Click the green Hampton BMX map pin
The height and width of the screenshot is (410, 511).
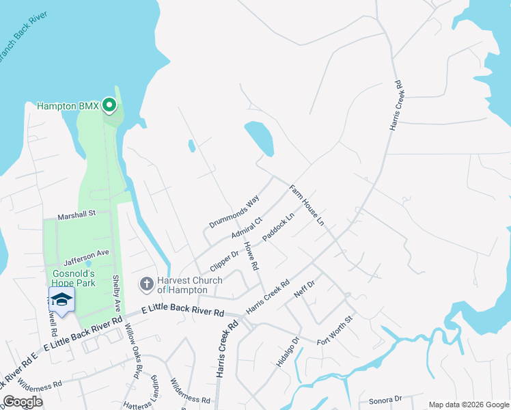[109, 105]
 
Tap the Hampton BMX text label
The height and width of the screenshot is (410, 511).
[68, 106]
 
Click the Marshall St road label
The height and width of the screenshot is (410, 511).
[77, 214]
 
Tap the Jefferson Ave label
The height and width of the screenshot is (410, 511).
[87, 257]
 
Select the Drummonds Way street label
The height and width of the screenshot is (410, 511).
[235, 212]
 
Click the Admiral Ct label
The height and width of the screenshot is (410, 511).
[247, 228]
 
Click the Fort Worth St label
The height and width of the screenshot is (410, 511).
[335, 330]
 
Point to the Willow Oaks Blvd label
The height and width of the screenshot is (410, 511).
[133, 344]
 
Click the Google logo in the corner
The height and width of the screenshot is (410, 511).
[23, 402]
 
